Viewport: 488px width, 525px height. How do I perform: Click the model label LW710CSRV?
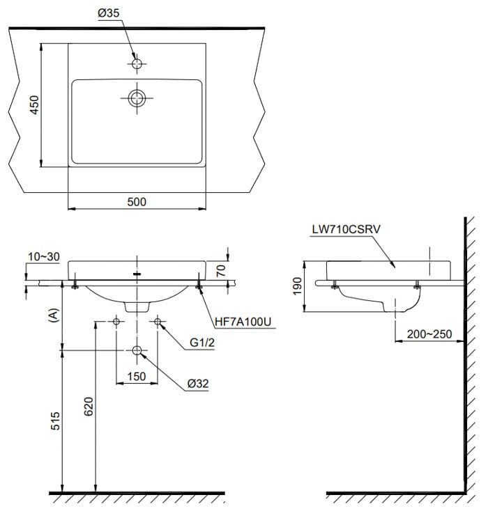tap(345, 228)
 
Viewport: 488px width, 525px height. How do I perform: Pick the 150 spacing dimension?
tap(137, 377)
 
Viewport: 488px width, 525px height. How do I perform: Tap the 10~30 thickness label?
tap(44, 256)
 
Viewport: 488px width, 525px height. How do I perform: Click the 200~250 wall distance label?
tap(428, 334)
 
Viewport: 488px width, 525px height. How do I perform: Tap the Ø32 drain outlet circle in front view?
tap(137, 350)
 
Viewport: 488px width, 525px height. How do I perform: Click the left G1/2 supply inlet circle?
tap(116, 322)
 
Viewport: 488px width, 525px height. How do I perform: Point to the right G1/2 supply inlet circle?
tap(158, 322)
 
